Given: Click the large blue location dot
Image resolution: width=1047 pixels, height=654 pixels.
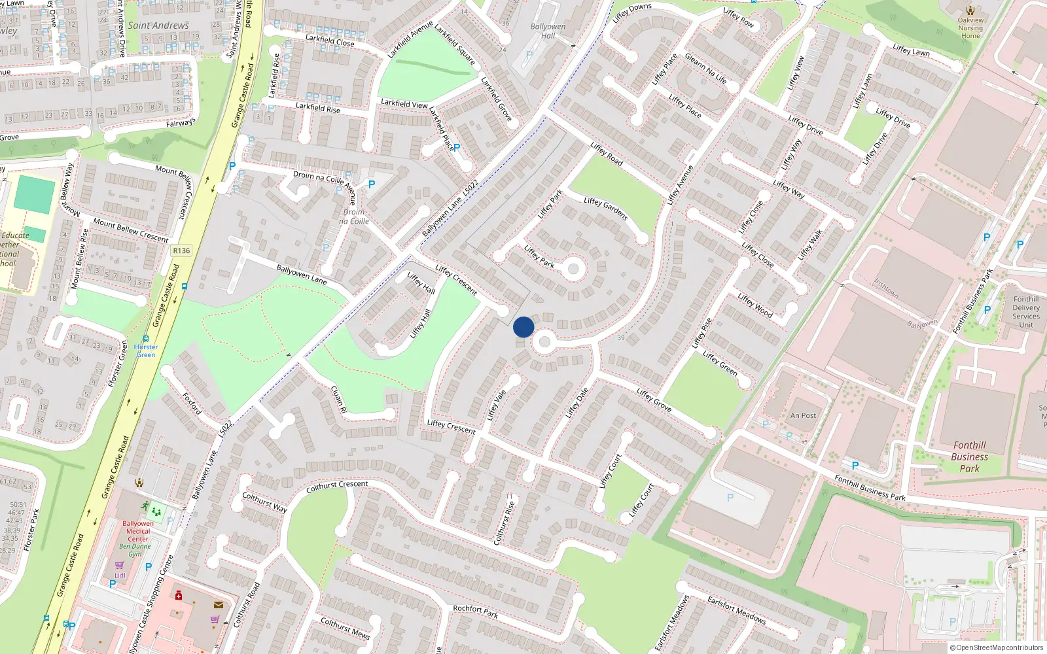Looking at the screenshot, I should tap(523, 327).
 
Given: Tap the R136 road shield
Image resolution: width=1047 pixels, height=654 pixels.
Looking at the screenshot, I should tap(181, 250).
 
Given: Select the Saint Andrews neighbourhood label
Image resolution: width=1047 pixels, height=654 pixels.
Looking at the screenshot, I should tap(158, 26).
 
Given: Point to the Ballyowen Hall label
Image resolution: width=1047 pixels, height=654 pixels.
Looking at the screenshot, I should tap(548, 31).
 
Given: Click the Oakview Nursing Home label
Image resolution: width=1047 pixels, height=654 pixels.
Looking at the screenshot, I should tap(970, 28).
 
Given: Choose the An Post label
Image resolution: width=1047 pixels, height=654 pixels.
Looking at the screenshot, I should tap(803, 415).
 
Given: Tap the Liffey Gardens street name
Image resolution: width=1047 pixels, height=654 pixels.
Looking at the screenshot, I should tap(605, 209).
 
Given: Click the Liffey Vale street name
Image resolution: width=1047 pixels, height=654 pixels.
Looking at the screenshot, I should tap(497, 405).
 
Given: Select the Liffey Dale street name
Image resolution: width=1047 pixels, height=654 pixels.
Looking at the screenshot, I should tap(577, 402).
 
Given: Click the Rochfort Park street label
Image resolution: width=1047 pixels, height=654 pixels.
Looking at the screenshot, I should tap(476, 611).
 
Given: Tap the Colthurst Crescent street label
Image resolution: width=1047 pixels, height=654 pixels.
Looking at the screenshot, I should tap(337, 487).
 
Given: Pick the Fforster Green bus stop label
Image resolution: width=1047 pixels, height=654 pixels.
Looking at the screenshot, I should tap(146, 351).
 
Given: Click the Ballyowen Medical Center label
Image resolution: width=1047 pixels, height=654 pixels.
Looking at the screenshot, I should tap(138, 531).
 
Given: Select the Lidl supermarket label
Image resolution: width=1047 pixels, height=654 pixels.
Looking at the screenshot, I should tap(120, 576).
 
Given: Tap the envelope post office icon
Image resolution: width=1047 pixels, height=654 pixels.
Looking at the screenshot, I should tap(219, 605).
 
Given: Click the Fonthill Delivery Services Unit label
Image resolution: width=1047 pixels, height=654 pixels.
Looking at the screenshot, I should tap(1026, 312).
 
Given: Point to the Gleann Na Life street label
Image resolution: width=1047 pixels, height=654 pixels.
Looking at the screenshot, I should tap(705, 68).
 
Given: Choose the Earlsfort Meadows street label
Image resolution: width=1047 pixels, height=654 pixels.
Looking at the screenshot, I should tap(736, 610).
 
